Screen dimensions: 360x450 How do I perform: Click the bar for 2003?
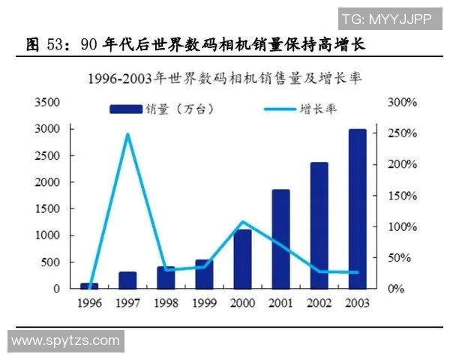tap(358, 208)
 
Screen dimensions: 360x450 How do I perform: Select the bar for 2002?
tap(319, 225)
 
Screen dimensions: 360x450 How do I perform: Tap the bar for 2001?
tap(281, 238)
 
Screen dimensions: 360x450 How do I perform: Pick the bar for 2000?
tap(242, 259)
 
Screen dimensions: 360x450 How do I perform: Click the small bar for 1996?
tap(89, 286)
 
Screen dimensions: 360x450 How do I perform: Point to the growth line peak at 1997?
tap(127, 134)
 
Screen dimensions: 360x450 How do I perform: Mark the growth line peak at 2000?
tap(242, 222)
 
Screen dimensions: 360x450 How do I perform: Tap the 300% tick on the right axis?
tap(400, 102)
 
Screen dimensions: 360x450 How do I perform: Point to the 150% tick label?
tap(400, 196)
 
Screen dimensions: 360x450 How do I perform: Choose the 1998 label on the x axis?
tap(166, 304)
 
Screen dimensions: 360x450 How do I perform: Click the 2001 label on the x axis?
tap(281, 304)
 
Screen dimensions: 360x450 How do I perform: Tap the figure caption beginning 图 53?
tap(195, 44)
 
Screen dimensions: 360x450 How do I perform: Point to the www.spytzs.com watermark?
tap(66, 340)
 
